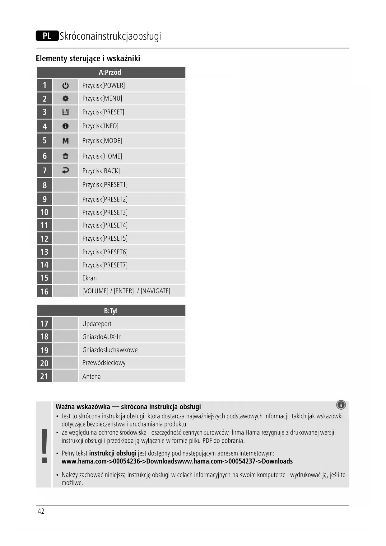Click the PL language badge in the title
click(47, 36)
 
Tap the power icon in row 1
click(65, 85)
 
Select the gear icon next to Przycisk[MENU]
click(65, 99)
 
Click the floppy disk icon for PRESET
click(65, 112)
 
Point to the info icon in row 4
click(65, 126)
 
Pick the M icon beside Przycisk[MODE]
click(65, 141)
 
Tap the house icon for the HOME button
click(65, 156)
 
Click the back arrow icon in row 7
click(65, 170)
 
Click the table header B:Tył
click(110, 311)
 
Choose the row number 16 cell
click(44, 291)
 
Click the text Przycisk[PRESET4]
click(105, 225)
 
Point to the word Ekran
click(90, 278)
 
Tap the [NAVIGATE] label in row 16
click(156, 291)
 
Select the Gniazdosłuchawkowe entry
click(110, 350)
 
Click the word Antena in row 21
click(91, 376)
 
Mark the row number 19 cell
click(44, 350)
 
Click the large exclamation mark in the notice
click(44, 445)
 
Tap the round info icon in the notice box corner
click(341, 405)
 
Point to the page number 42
click(41, 511)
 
